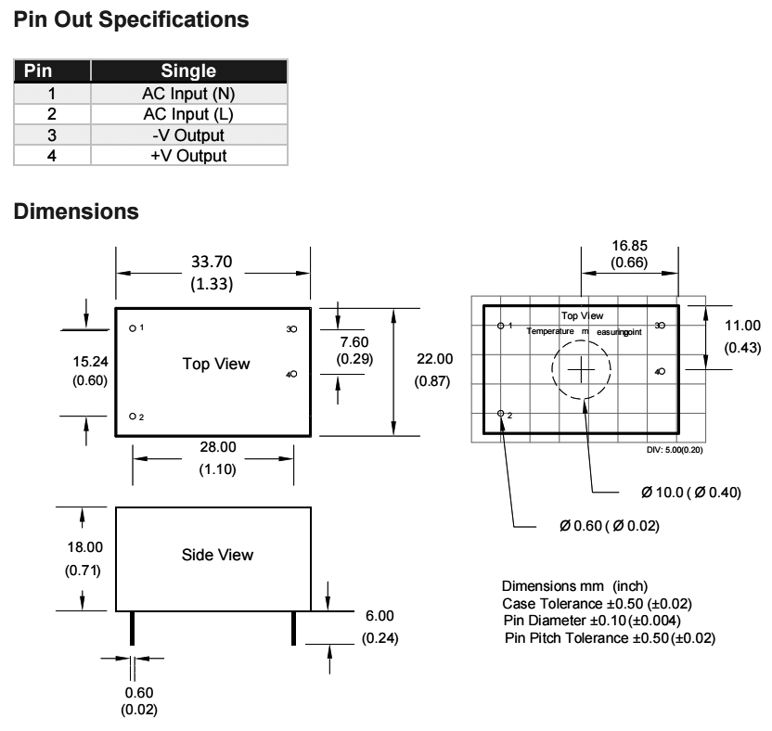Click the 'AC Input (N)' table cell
point(187,93)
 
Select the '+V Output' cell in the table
point(187,156)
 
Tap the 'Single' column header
point(187,71)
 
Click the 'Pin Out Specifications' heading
point(133,19)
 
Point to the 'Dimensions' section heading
point(77,212)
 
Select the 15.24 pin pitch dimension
point(90,361)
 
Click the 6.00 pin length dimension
point(380,616)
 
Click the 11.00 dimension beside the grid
point(741,326)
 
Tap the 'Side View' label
point(217,555)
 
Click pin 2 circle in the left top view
point(134,417)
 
